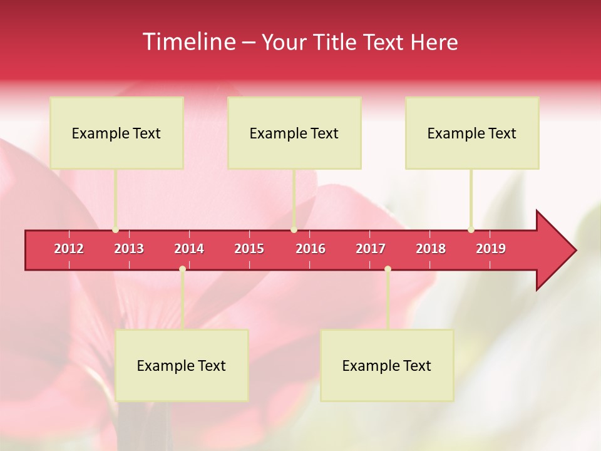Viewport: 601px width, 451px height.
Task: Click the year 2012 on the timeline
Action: click(x=69, y=249)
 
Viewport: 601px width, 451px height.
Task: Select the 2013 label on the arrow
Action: click(x=129, y=249)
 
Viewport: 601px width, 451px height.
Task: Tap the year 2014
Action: click(x=189, y=249)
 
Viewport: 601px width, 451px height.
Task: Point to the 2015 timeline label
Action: click(x=249, y=249)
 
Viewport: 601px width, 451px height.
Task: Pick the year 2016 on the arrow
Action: click(x=311, y=249)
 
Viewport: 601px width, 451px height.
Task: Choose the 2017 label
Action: click(x=371, y=249)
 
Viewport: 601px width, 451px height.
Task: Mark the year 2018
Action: click(x=431, y=249)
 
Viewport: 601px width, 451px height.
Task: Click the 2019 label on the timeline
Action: click(x=491, y=249)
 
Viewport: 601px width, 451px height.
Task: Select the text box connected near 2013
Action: click(x=116, y=133)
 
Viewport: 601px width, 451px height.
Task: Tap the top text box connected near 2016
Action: click(x=294, y=133)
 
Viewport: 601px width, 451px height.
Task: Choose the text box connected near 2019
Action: click(x=472, y=133)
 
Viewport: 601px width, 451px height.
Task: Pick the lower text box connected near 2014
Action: click(x=182, y=365)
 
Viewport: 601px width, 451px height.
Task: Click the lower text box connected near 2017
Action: click(x=387, y=365)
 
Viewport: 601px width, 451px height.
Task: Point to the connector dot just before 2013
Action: click(x=116, y=230)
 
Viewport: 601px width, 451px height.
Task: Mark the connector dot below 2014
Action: click(x=182, y=269)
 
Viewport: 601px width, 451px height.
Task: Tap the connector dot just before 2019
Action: click(x=471, y=230)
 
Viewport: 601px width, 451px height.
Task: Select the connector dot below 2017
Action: click(x=388, y=269)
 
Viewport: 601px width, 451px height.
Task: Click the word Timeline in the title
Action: click(x=189, y=42)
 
